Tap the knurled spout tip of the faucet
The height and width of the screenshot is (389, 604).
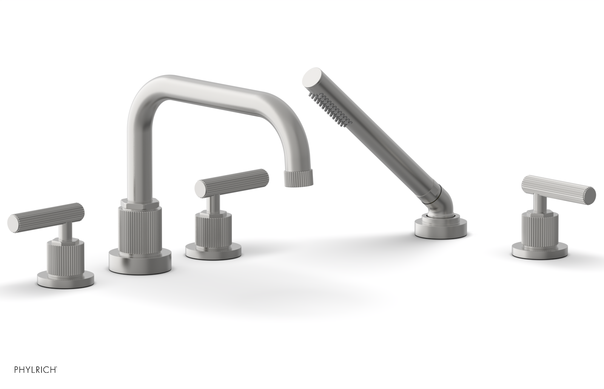[298, 178]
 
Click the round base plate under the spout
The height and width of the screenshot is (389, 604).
[140, 260]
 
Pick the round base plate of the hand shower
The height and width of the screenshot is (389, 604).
[441, 228]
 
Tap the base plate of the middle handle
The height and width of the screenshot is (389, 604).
[213, 251]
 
